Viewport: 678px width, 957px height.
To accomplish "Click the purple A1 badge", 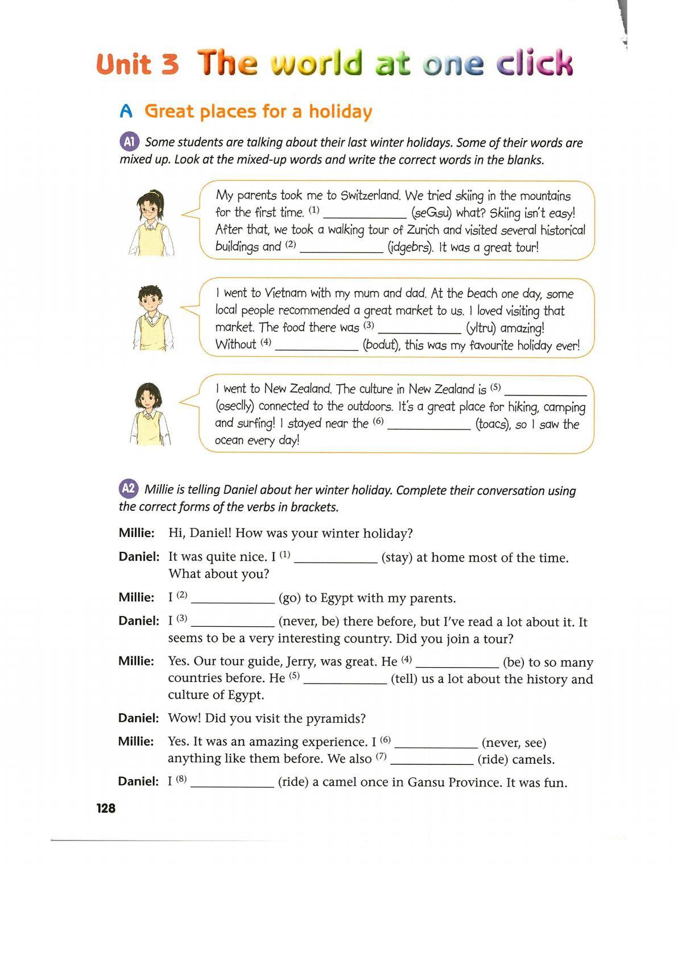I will [129, 142].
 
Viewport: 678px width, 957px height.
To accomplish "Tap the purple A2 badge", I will [129, 489].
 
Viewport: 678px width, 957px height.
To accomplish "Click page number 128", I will [106, 808].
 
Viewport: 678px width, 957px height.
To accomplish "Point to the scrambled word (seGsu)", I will [431, 213].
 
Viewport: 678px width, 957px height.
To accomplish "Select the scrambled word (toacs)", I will [493, 424].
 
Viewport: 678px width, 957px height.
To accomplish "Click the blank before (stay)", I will [336, 558].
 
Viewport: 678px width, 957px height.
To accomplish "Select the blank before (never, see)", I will [436, 743].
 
